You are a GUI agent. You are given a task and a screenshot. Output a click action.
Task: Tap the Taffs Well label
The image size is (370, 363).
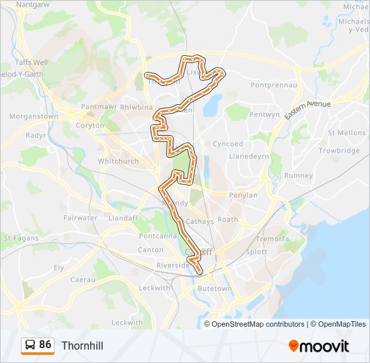tap(31, 62)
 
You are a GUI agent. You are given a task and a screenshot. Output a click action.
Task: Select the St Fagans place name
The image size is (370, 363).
tap(19, 238)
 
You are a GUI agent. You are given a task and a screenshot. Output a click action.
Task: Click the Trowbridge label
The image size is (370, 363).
tap(340, 151)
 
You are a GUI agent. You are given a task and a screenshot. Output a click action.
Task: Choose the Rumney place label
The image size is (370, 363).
tap(299, 176)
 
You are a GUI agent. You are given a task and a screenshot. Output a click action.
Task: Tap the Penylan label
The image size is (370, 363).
tap(244, 195)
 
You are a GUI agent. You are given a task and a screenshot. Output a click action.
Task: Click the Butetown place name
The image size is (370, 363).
tap(215, 288)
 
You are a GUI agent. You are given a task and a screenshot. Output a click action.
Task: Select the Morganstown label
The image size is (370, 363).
tap(34, 116)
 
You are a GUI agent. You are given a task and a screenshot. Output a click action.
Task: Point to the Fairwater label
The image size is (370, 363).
tap(81, 218)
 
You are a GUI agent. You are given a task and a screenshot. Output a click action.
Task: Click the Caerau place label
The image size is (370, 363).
tap(83, 278)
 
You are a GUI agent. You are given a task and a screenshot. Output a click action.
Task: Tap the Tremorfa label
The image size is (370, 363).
tap(272, 239)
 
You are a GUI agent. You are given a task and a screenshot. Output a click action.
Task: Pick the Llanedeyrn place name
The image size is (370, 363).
tap(249, 156)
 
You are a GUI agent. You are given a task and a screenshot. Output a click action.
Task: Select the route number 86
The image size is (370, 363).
tap(45, 345)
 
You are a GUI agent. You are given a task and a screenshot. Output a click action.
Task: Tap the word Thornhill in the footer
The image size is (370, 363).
tap(82, 346)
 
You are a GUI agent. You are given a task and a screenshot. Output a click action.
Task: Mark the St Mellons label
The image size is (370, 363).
tap(346, 133)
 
